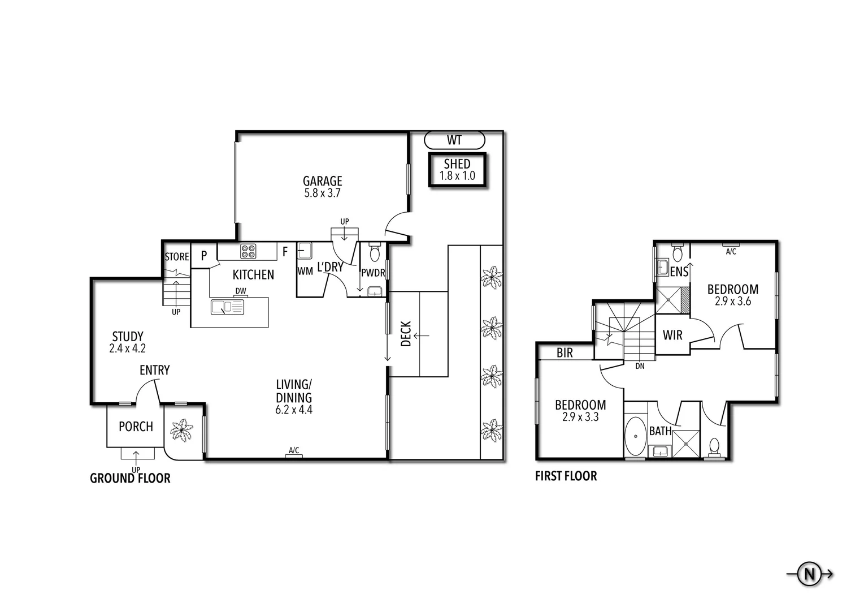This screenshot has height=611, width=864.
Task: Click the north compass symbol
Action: pyautogui.click(x=809, y=585)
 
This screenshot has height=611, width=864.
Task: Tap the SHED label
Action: pyautogui.click(x=457, y=164)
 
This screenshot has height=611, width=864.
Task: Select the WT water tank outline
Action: pyautogui.click(x=454, y=140)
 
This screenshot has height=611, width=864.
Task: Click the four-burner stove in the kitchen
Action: pyautogui.click(x=248, y=251)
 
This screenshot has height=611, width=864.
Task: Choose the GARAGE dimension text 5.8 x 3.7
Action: pyautogui.click(x=323, y=193)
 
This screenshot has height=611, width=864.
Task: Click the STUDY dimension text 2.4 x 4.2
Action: pyautogui.click(x=127, y=348)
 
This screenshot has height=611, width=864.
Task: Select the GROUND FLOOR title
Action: pyautogui.click(x=130, y=478)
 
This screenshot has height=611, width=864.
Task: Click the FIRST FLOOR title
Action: pyautogui.click(x=566, y=476)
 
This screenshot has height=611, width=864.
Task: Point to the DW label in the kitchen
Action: pyautogui.click(x=241, y=291)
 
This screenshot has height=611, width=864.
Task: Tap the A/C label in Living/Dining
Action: pyautogui.click(x=294, y=450)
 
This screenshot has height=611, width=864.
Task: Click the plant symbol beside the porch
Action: pyautogui.click(x=181, y=430)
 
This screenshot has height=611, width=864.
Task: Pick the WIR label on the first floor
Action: pyautogui.click(x=672, y=335)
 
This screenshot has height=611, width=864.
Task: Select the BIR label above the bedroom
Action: pyautogui.click(x=565, y=352)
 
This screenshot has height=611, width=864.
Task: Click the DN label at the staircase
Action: pyautogui.click(x=640, y=365)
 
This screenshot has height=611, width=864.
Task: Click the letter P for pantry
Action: pyautogui.click(x=204, y=255)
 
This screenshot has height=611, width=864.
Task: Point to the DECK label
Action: pyautogui.click(x=406, y=334)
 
